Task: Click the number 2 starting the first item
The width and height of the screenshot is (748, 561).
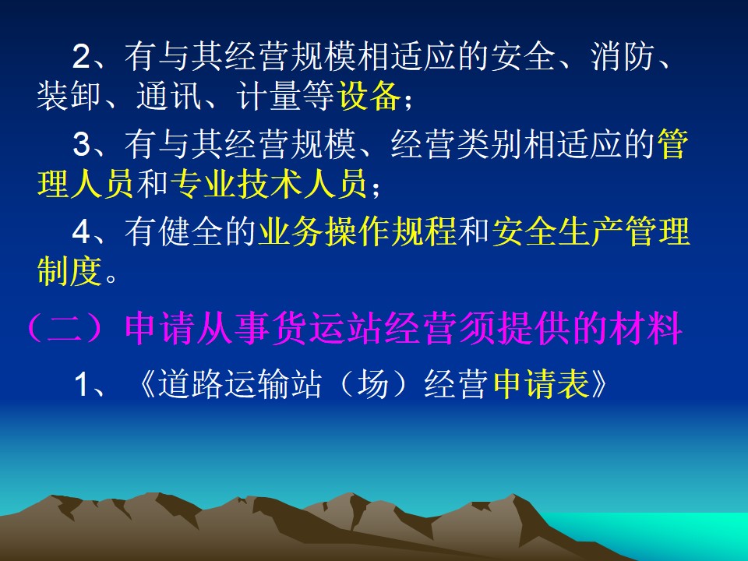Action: [82, 57]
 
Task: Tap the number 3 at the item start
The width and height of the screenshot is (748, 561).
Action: [82, 144]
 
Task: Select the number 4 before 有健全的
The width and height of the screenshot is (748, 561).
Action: [82, 232]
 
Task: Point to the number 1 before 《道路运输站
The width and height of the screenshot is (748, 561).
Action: [82, 385]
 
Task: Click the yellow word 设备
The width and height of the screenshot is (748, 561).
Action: [369, 97]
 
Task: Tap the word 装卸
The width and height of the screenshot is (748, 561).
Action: [69, 97]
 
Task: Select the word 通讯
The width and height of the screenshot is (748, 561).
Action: [169, 97]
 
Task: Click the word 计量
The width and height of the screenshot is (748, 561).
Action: [269, 97]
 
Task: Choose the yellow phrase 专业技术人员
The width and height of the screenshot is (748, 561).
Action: [269, 184]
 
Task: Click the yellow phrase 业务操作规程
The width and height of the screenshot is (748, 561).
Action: [358, 232]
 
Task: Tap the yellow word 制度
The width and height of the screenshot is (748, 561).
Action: [69, 272]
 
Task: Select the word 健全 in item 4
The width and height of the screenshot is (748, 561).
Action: [191, 232]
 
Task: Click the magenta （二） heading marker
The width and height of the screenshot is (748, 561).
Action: [65, 328]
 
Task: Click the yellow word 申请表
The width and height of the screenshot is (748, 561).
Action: [542, 385]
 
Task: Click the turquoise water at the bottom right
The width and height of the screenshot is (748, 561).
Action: [668, 535]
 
